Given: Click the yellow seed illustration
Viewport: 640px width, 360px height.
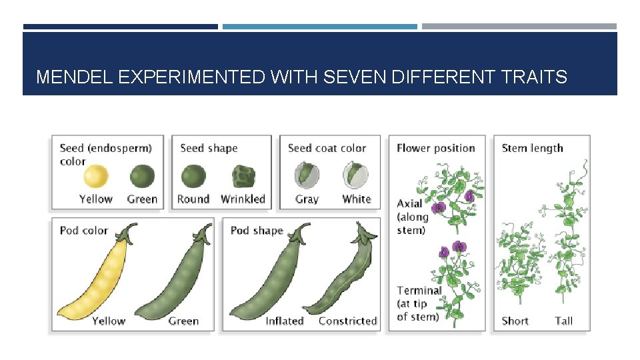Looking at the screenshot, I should click(95, 177).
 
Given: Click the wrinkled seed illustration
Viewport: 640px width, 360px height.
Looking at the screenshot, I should click(243, 177).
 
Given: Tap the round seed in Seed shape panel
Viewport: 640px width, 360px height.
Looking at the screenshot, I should click(193, 177).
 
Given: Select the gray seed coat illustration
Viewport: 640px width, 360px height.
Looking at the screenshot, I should click(307, 177).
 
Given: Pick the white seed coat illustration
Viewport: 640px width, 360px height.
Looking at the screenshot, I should click(355, 177).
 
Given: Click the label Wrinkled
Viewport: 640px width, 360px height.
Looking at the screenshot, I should click(243, 199).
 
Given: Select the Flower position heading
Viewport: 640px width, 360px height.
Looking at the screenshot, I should click(435, 148).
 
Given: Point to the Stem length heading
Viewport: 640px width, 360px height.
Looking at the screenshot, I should click(532, 148).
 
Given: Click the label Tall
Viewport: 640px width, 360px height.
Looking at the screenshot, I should click(564, 321).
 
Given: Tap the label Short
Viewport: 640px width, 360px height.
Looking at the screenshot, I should click(515, 321).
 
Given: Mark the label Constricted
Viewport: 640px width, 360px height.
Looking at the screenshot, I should click(347, 321).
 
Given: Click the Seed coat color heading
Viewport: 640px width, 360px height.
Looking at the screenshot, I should click(327, 148).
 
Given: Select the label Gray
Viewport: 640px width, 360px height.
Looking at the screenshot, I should click(307, 199).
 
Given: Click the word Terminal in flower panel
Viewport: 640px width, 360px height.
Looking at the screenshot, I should click(419, 290).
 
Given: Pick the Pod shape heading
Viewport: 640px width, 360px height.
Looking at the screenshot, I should click(257, 231).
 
